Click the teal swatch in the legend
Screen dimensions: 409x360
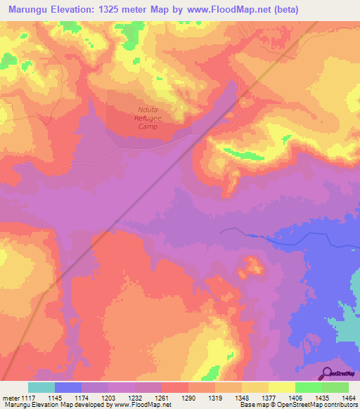(41, 387)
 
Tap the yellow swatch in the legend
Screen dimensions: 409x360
(282, 387)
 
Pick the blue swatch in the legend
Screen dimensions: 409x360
(68, 387)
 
